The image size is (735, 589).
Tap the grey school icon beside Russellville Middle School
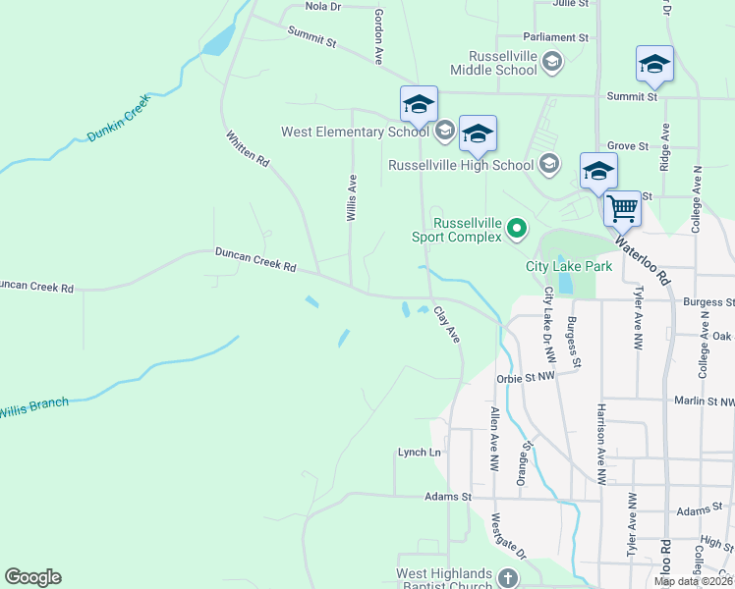(551, 63)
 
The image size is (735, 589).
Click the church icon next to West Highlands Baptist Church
(507, 578)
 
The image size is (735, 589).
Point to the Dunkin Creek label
(117, 118)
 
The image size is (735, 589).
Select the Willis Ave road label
(351, 197)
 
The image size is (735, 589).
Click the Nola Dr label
(322, 6)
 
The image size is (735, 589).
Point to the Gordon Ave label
(377, 36)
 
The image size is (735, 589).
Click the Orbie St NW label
(527, 375)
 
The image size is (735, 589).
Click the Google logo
(32, 577)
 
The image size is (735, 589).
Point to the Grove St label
(628, 145)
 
